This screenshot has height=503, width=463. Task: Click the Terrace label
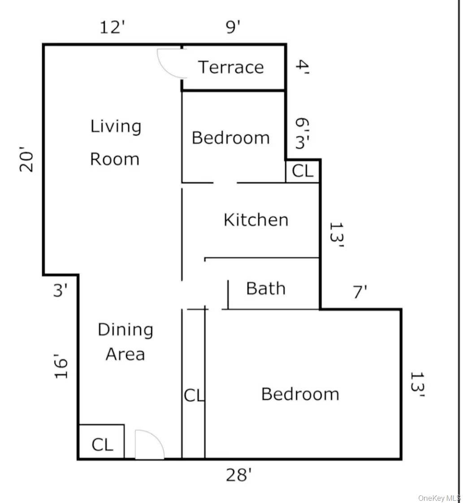tap(231, 67)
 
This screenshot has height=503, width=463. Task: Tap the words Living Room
tap(116, 142)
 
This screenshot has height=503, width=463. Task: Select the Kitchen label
tap(256, 220)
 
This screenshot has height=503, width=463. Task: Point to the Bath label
tap(266, 288)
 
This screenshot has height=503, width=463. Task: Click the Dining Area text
tap(125, 342)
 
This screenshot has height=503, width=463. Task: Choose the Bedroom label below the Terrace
tap(231, 138)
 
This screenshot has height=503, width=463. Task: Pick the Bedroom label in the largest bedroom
tap(300, 394)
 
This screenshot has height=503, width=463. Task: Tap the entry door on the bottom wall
tap(149, 445)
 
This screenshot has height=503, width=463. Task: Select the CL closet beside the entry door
tap(102, 445)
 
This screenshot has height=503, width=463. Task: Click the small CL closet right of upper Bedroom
tap(303, 171)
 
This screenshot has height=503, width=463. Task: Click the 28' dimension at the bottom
tap(237, 475)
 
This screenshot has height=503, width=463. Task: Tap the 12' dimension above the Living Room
tap(111, 28)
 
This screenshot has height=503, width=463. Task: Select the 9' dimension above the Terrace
tap(233, 28)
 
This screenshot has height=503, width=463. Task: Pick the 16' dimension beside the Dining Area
tap(62, 368)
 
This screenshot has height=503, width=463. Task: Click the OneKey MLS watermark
tap(439, 498)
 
